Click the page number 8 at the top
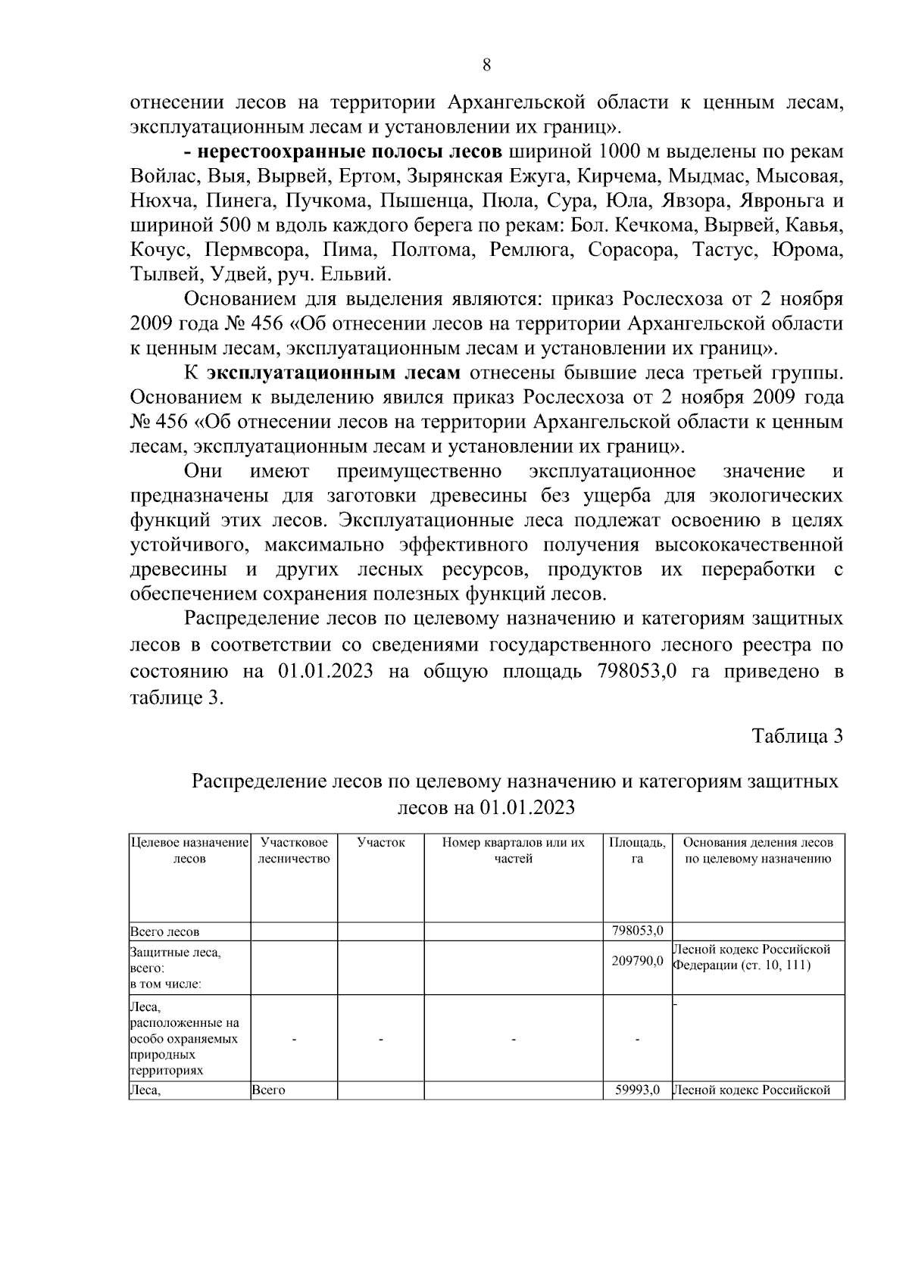(x=486, y=65)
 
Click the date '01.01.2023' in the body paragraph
(x=325, y=672)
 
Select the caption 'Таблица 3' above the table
(x=797, y=736)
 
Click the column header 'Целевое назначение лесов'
(x=189, y=850)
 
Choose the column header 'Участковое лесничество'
(x=294, y=850)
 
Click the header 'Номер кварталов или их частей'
(x=514, y=850)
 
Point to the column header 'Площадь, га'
(x=637, y=850)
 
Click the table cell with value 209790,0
(x=637, y=961)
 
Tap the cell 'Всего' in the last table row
(x=267, y=1090)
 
